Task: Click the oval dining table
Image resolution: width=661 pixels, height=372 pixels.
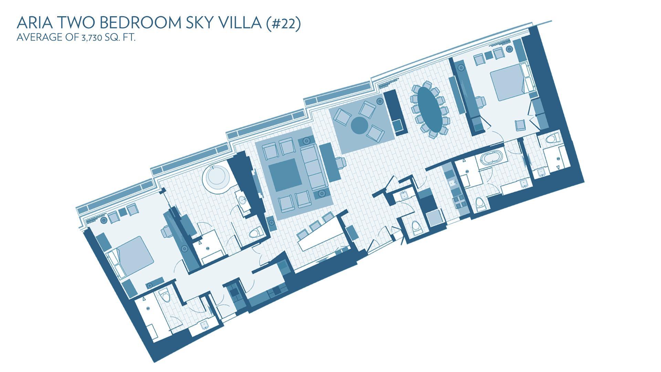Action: click(430, 108)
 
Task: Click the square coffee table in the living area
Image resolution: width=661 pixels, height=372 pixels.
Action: click(284, 175)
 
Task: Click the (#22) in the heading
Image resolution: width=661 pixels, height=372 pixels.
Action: click(284, 23)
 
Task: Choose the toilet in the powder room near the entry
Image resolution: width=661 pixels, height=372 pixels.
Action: click(416, 228)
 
